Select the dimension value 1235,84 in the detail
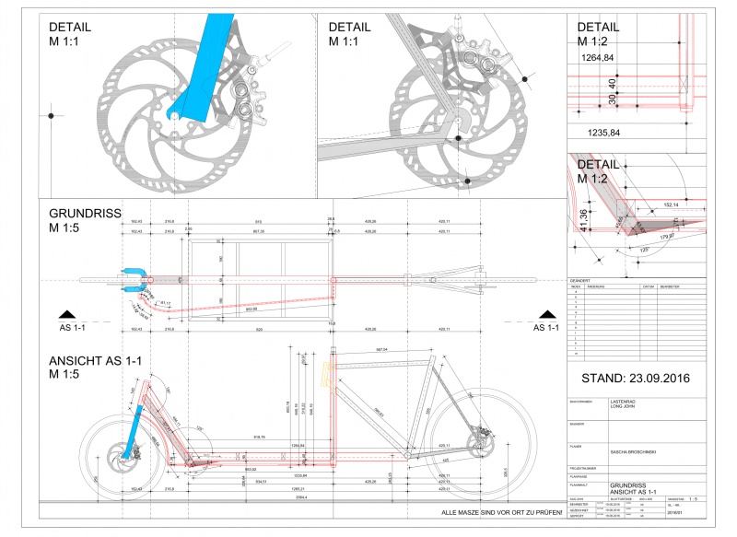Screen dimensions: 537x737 click(x=602, y=134)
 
